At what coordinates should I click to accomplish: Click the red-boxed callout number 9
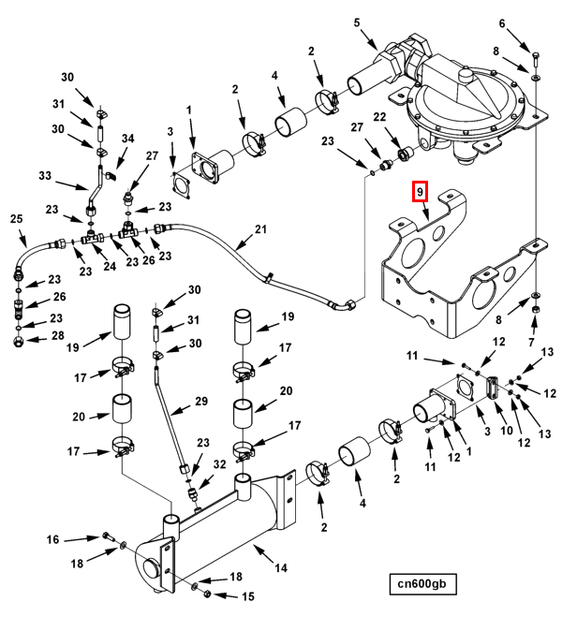click(x=420, y=192)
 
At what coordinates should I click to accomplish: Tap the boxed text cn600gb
click(x=422, y=583)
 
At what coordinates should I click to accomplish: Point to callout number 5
click(x=357, y=22)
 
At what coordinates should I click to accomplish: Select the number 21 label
click(x=261, y=229)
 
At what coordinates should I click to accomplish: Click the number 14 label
click(x=281, y=568)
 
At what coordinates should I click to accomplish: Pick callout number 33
click(x=45, y=175)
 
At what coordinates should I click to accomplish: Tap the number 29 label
click(x=201, y=401)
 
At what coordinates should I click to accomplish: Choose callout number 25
click(x=17, y=219)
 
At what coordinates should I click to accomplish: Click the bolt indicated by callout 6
click(x=536, y=59)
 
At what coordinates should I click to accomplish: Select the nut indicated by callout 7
click(x=536, y=310)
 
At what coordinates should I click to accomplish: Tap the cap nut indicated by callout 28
click(x=18, y=342)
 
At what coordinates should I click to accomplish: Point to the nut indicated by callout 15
click(x=207, y=594)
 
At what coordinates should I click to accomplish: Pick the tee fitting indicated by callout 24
click(x=92, y=238)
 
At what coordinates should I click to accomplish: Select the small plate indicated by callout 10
click(x=493, y=388)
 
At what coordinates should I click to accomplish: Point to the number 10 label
click(x=507, y=431)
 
